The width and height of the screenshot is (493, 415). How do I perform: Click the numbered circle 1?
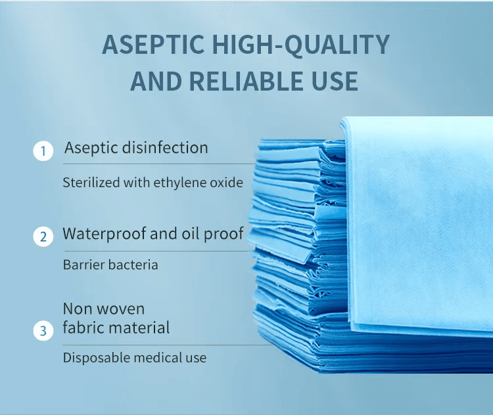[43, 152]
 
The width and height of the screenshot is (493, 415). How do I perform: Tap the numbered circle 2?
[43, 236]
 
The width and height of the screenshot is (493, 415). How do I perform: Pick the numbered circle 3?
[43, 330]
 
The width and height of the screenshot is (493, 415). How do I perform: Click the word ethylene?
[179, 183]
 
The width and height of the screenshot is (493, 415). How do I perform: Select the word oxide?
[226, 183]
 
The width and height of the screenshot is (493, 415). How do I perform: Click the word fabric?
[83, 327]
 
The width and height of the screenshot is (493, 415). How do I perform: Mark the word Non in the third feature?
[78, 309]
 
